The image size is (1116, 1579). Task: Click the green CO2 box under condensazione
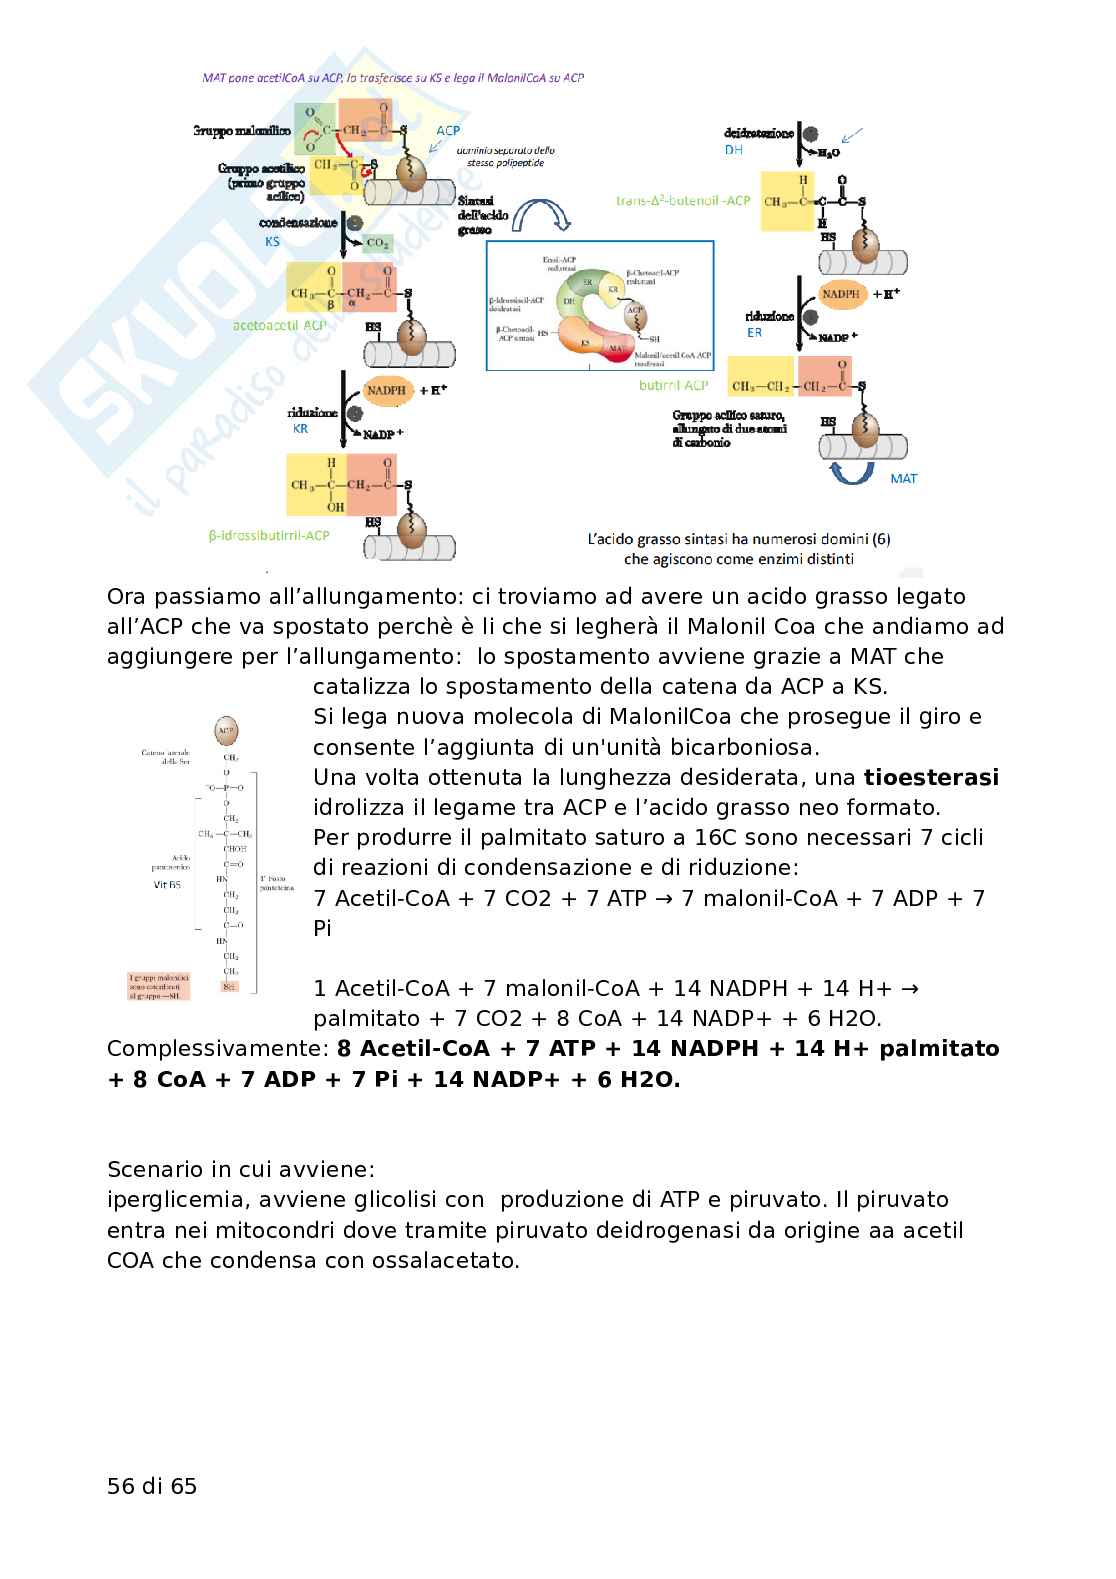pyautogui.click(x=378, y=243)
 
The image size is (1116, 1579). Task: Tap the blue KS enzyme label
pyautogui.click(x=272, y=241)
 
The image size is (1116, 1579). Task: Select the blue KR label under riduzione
pyautogui.click(x=300, y=428)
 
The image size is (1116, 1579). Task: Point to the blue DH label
pyautogui.click(x=734, y=149)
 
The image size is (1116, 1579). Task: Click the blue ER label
pyautogui.click(x=754, y=332)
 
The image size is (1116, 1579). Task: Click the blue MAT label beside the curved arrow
pyautogui.click(x=903, y=478)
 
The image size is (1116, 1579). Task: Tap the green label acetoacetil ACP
pyautogui.click(x=280, y=325)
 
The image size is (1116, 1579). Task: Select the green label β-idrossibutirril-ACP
pyautogui.click(x=269, y=535)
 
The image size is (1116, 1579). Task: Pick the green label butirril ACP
pyautogui.click(x=674, y=385)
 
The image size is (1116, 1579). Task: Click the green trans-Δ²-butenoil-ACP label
pyautogui.click(x=683, y=200)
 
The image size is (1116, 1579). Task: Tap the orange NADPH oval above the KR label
pyautogui.click(x=386, y=390)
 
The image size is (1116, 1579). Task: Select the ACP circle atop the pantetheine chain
pyautogui.click(x=227, y=731)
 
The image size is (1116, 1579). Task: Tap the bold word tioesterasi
pyautogui.click(x=931, y=777)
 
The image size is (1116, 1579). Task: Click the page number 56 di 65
pyautogui.click(x=152, y=1486)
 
